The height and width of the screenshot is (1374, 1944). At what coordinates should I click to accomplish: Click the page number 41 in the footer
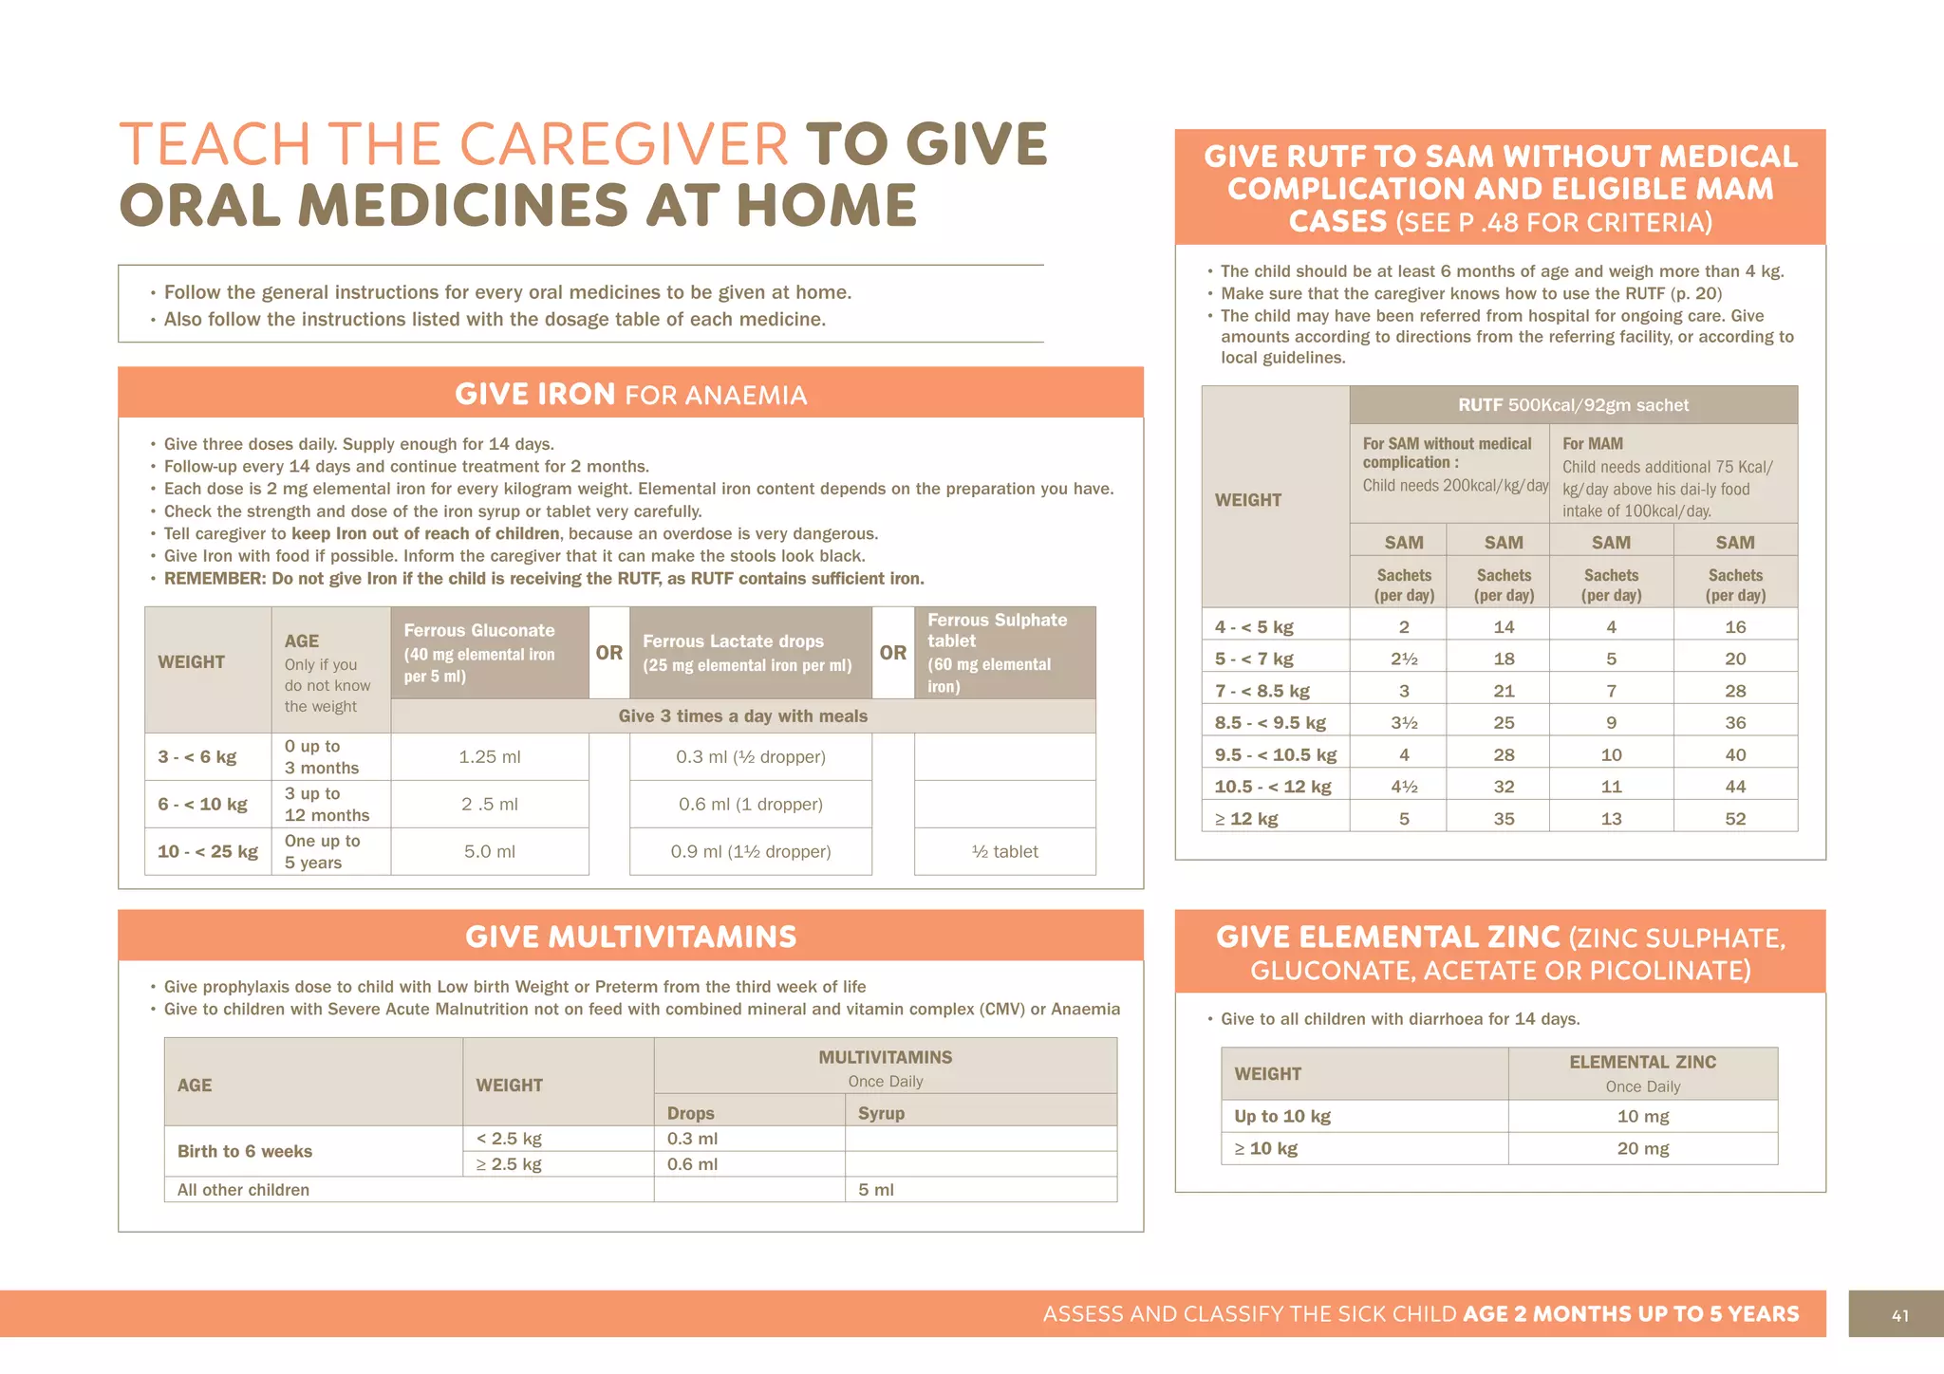1899,1315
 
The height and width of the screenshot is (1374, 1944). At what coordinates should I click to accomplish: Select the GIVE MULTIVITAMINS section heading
630,937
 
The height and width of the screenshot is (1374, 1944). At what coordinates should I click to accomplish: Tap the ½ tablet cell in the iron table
1004,851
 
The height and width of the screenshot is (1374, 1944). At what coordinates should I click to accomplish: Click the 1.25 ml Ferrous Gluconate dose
489,757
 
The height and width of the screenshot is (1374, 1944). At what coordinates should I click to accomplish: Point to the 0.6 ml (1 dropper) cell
750,804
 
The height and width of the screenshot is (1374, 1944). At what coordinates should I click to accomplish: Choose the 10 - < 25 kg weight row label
208,851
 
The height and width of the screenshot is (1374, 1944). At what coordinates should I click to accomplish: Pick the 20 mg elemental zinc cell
1642,1148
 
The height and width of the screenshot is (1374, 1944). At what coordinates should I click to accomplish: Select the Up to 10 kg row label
1282,1116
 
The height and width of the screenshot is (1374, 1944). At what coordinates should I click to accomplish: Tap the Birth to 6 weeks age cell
245,1151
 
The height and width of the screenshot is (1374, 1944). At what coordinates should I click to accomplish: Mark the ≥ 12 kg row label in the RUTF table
1246,818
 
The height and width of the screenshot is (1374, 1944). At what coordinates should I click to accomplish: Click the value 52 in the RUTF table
1735,818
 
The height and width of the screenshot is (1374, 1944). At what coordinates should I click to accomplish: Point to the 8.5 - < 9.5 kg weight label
1270,722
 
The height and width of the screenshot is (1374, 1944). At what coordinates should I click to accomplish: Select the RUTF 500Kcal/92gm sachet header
1573,405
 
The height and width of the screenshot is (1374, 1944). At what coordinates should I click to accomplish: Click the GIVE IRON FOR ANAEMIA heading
630,394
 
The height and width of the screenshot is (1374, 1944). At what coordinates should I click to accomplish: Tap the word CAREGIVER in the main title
624,145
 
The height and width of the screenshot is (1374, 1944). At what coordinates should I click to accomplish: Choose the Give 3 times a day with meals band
742,716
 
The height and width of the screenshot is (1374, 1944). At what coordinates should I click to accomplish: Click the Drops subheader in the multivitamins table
690,1113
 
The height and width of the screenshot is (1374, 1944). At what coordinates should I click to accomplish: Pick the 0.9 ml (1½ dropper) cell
750,851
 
